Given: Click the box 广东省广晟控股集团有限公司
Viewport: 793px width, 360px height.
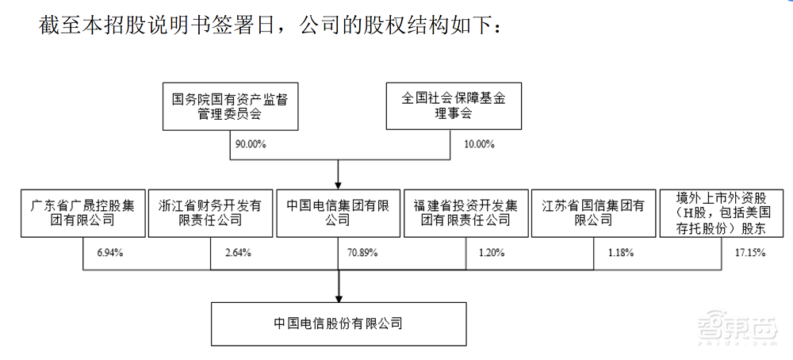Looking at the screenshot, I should (82, 213).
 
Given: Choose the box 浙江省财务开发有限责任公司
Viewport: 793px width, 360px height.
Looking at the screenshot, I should (210, 213).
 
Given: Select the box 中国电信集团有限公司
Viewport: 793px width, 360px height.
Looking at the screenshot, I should (338, 213).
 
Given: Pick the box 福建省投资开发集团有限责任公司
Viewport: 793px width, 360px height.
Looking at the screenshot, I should (465, 213).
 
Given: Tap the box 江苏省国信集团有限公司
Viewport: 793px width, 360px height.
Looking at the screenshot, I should (593, 213).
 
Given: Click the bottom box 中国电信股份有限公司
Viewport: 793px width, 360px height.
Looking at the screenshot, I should (338, 324).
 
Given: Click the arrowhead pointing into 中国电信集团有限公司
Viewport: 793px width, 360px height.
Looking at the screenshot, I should (339, 183).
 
